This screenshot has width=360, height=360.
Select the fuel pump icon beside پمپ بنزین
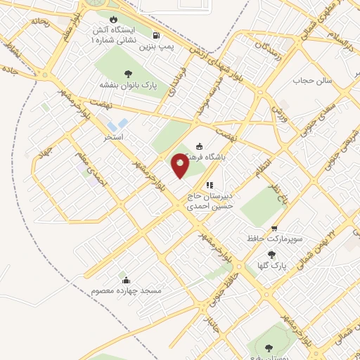(x=155, y=34)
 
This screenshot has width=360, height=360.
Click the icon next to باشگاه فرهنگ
(x=199, y=146)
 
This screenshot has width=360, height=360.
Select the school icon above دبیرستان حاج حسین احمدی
(x=209, y=184)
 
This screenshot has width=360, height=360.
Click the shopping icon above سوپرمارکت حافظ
(x=274, y=228)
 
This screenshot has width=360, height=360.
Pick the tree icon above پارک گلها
(x=272, y=255)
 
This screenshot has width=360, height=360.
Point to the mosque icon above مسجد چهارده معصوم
(x=127, y=281)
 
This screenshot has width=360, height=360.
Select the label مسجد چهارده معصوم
(x=127, y=291)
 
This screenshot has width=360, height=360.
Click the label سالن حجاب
(x=307, y=81)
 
